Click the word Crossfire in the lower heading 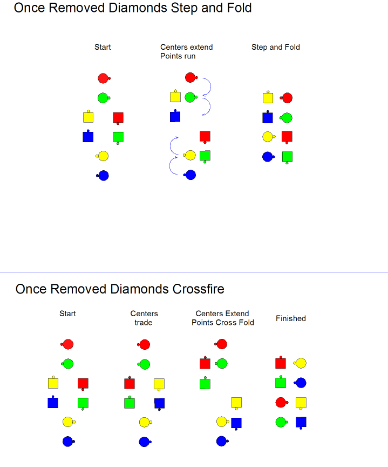(x=198, y=289)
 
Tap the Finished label (x=291, y=318)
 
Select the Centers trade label (x=144, y=318)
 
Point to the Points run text (x=178, y=56)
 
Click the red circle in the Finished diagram (x=282, y=402)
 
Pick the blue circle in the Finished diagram (x=300, y=383)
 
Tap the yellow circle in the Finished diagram (x=300, y=363)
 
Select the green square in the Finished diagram (x=281, y=383)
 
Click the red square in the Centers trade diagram (x=130, y=383)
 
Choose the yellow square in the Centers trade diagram (x=159, y=384)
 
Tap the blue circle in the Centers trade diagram (x=145, y=442)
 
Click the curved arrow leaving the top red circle (x=210, y=86)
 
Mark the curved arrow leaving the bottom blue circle (x=170, y=165)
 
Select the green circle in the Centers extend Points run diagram (x=190, y=97)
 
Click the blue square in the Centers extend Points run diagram (x=175, y=116)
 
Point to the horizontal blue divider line (x=194, y=272)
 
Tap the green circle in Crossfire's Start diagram (x=67, y=364)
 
